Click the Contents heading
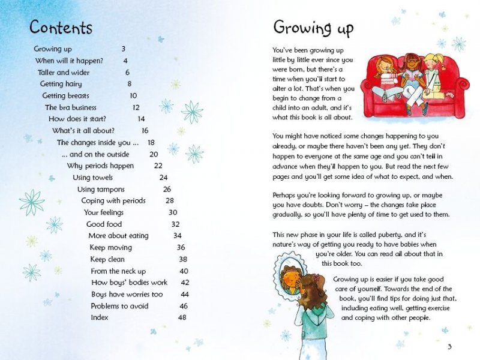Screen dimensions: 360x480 (x=61, y=28)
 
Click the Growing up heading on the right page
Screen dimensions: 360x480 (x=313, y=28)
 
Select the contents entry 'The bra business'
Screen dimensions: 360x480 (x=71, y=108)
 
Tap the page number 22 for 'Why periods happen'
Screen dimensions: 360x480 (x=158, y=166)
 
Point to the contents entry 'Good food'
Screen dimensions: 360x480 (x=104, y=224)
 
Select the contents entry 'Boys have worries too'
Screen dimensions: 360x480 (x=127, y=295)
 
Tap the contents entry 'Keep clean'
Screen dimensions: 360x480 (x=107, y=259)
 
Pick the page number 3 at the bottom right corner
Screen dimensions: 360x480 (x=449, y=347)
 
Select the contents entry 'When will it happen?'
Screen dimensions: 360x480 (x=68, y=61)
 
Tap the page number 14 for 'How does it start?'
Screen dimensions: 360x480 (x=141, y=119)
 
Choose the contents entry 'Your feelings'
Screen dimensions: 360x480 (x=103, y=212)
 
